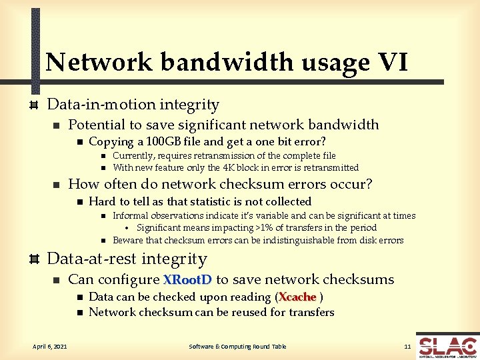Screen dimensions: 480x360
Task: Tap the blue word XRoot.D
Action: [x=187, y=279]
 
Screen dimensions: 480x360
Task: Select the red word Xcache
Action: [x=297, y=297]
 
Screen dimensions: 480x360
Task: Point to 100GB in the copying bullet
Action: [x=164, y=141]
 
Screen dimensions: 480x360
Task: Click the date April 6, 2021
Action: [x=49, y=347]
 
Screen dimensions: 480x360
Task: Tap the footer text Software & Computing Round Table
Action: [x=237, y=347]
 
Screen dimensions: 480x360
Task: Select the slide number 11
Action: [x=407, y=347]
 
